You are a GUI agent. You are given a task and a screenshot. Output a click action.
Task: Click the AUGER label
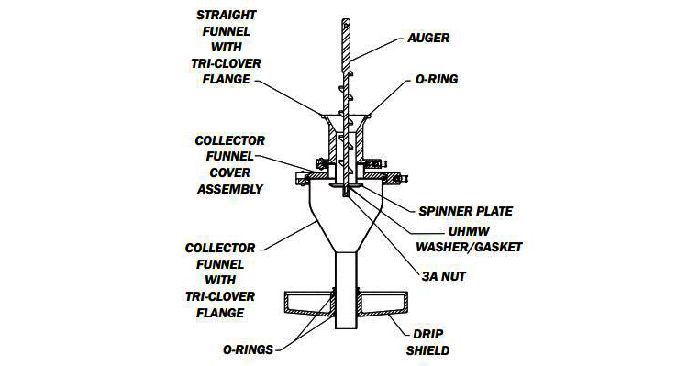pyautogui.click(x=428, y=38)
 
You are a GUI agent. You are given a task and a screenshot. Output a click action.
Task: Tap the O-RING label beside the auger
pyautogui.click(x=437, y=79)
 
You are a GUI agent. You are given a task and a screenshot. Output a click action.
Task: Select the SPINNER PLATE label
pyautogui.click(x=465, y=211)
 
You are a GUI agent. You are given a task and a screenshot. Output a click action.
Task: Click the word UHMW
pyautogui.click(x=469, y=231)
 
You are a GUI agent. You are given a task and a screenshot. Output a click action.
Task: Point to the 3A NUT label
pyautogui.click(x=444, y=276)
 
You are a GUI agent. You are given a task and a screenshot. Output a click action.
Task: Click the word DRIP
pyautogui.click(x=427, y=334)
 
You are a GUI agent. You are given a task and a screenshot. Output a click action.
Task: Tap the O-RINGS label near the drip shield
pyautogui.click(x=249, y=349)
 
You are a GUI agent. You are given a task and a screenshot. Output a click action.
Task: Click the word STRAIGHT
pyautogui.click(x=227, y=15)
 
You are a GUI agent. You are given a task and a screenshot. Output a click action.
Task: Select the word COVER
pyautogui.click(x=230, y=172)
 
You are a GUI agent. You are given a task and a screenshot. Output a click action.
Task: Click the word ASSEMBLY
pyautogui.click(x=230, y=189)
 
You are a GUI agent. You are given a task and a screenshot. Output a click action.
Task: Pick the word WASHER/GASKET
pyautogui.click(x=469, y=247)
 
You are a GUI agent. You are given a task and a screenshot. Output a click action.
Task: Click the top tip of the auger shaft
pyautogui.click(x=346, y=19)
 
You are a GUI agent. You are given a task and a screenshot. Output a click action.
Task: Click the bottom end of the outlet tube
pyautogui.click(x=347, y=328)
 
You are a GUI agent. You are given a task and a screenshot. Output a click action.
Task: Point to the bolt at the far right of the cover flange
pyautogui.click(x=401, y=179)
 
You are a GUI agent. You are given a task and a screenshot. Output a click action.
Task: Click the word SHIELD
pyautogui.click(x=427, y=350)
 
